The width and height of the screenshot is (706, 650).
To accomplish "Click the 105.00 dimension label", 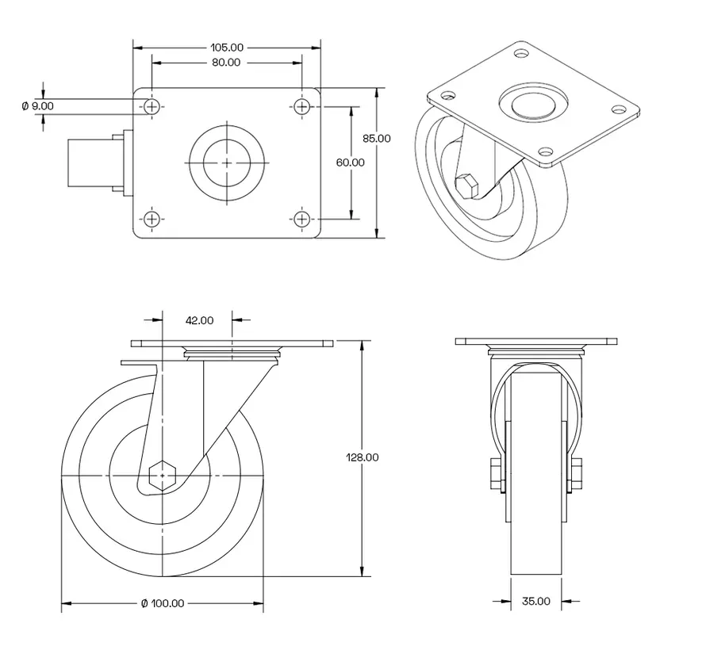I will (226, 48).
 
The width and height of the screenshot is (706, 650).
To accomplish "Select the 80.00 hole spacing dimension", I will (226, 63).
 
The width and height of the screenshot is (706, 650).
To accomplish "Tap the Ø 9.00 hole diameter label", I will (37, 105).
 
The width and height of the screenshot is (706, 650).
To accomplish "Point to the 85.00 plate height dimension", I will (377, 138).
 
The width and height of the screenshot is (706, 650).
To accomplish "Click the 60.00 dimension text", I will (350, 162).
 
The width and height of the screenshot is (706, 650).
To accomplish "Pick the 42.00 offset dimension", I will (199, 320).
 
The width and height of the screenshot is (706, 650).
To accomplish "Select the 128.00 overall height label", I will (363, 457).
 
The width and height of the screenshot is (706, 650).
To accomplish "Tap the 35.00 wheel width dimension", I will (536, 602).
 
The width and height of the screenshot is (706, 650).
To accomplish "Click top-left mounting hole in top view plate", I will (152, 105).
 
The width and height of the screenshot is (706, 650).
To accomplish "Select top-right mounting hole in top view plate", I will (302, 105).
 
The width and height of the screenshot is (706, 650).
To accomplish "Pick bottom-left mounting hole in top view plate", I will (152, 218).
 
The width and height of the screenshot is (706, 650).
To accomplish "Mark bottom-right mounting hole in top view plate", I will (302, 218).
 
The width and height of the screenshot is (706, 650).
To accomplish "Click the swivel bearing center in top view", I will (227, 162).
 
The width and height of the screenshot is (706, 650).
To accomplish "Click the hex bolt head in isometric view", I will (467, 187).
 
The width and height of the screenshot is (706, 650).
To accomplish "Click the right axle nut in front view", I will (577, 473).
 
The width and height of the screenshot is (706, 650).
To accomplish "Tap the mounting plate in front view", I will (536, 342).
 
